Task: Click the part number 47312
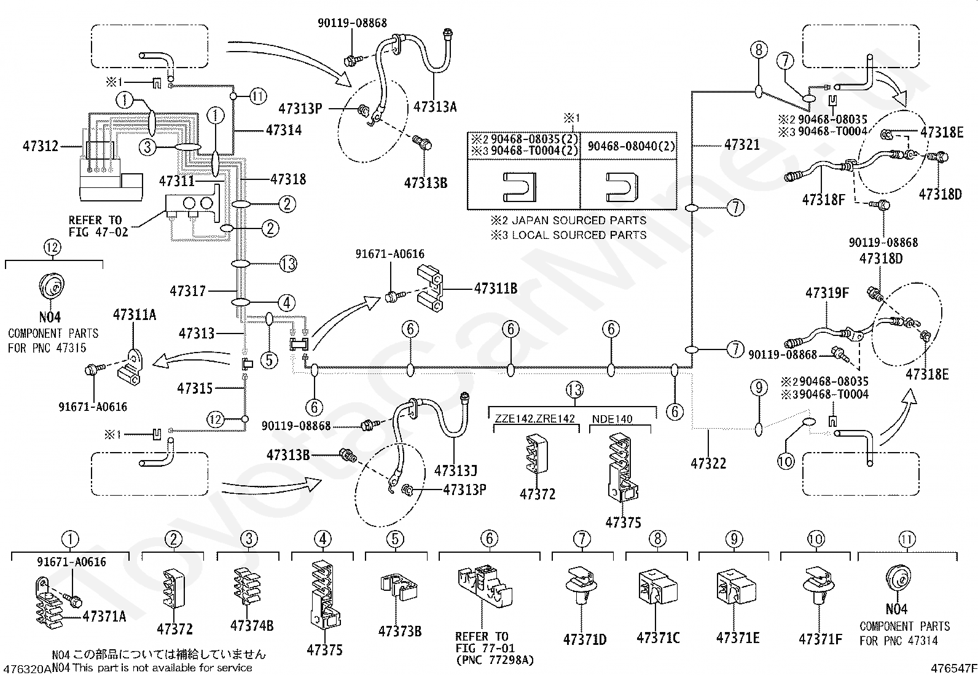(x=40, y=146)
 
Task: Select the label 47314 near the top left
(x=284, y=130)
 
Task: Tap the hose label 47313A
(x=435, y=106)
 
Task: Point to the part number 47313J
(x=456, y=470)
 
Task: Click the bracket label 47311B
(x=496, y=289)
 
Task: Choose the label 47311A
(x=135, y=314)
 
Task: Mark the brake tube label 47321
(x=742, y=144)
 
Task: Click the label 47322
(x=708, y=463)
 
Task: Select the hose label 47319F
(x=827, y=292)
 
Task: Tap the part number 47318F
(x=823, y=200)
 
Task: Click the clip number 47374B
(x=252, y=626)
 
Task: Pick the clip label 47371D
(x=585, y=639)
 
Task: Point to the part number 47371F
(x=820, y=639)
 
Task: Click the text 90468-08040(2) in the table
(x=631, y=146)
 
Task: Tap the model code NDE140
(x=612, y=419)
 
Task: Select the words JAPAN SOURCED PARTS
(x=579, y=220)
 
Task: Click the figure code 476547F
(x=954, y=668)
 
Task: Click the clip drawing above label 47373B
(x=399, y=587)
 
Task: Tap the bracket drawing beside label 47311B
(x=430, y=289)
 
